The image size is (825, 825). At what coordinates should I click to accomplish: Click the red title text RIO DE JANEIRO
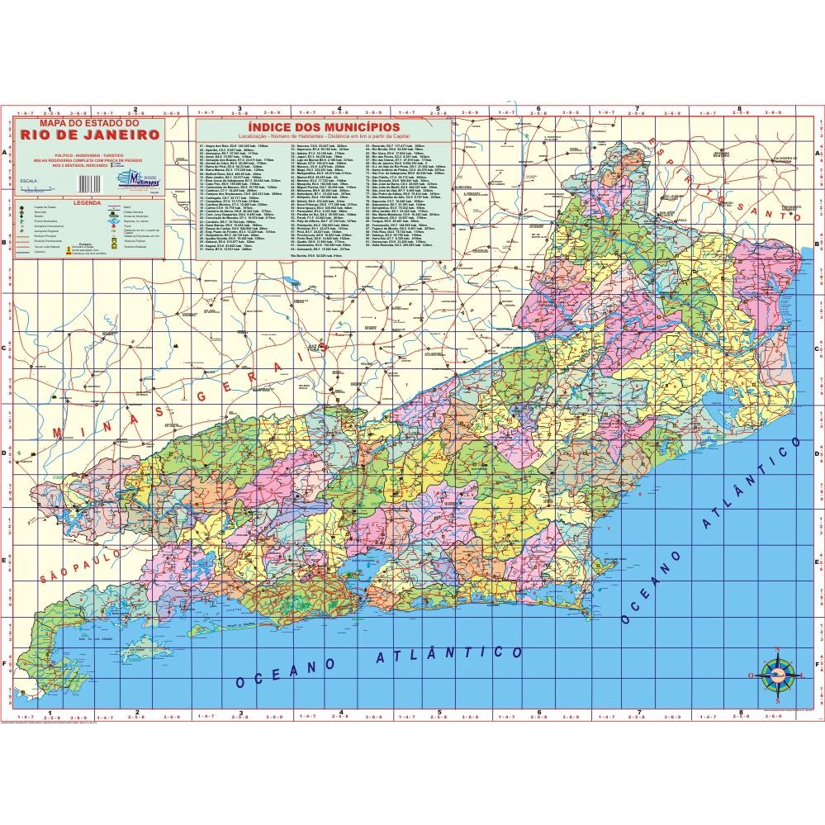[91, 135]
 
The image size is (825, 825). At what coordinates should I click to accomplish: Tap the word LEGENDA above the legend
[87, 202]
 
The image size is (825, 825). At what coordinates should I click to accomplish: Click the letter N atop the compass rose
[776, 648]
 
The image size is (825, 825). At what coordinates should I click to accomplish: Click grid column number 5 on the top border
[439, 108]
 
